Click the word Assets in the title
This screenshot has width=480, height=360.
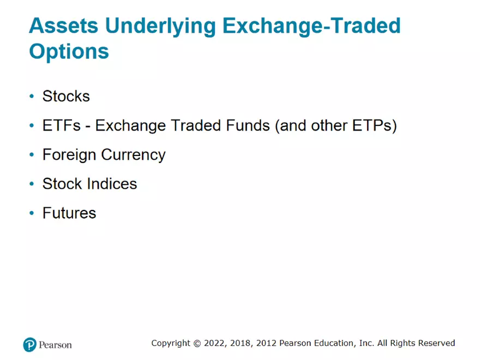coord(62,26)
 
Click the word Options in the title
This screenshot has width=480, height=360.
coord(69,51)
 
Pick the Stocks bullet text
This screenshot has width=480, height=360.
coord(66,97)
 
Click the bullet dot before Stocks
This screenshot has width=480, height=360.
coord(32,97)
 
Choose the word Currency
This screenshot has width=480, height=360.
coord(135,155)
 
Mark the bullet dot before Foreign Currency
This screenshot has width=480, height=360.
coord(32,155)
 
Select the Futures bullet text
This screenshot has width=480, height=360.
coord(69,213)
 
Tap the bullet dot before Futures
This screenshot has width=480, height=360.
coord(32,213)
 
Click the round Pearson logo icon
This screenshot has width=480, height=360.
coord(29,344)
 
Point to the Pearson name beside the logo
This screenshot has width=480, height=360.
coord(55,345)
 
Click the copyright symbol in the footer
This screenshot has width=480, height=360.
coord(196,343)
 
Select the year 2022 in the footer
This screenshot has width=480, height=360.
coord(214,343)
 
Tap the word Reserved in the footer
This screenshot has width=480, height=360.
coord(436,343)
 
